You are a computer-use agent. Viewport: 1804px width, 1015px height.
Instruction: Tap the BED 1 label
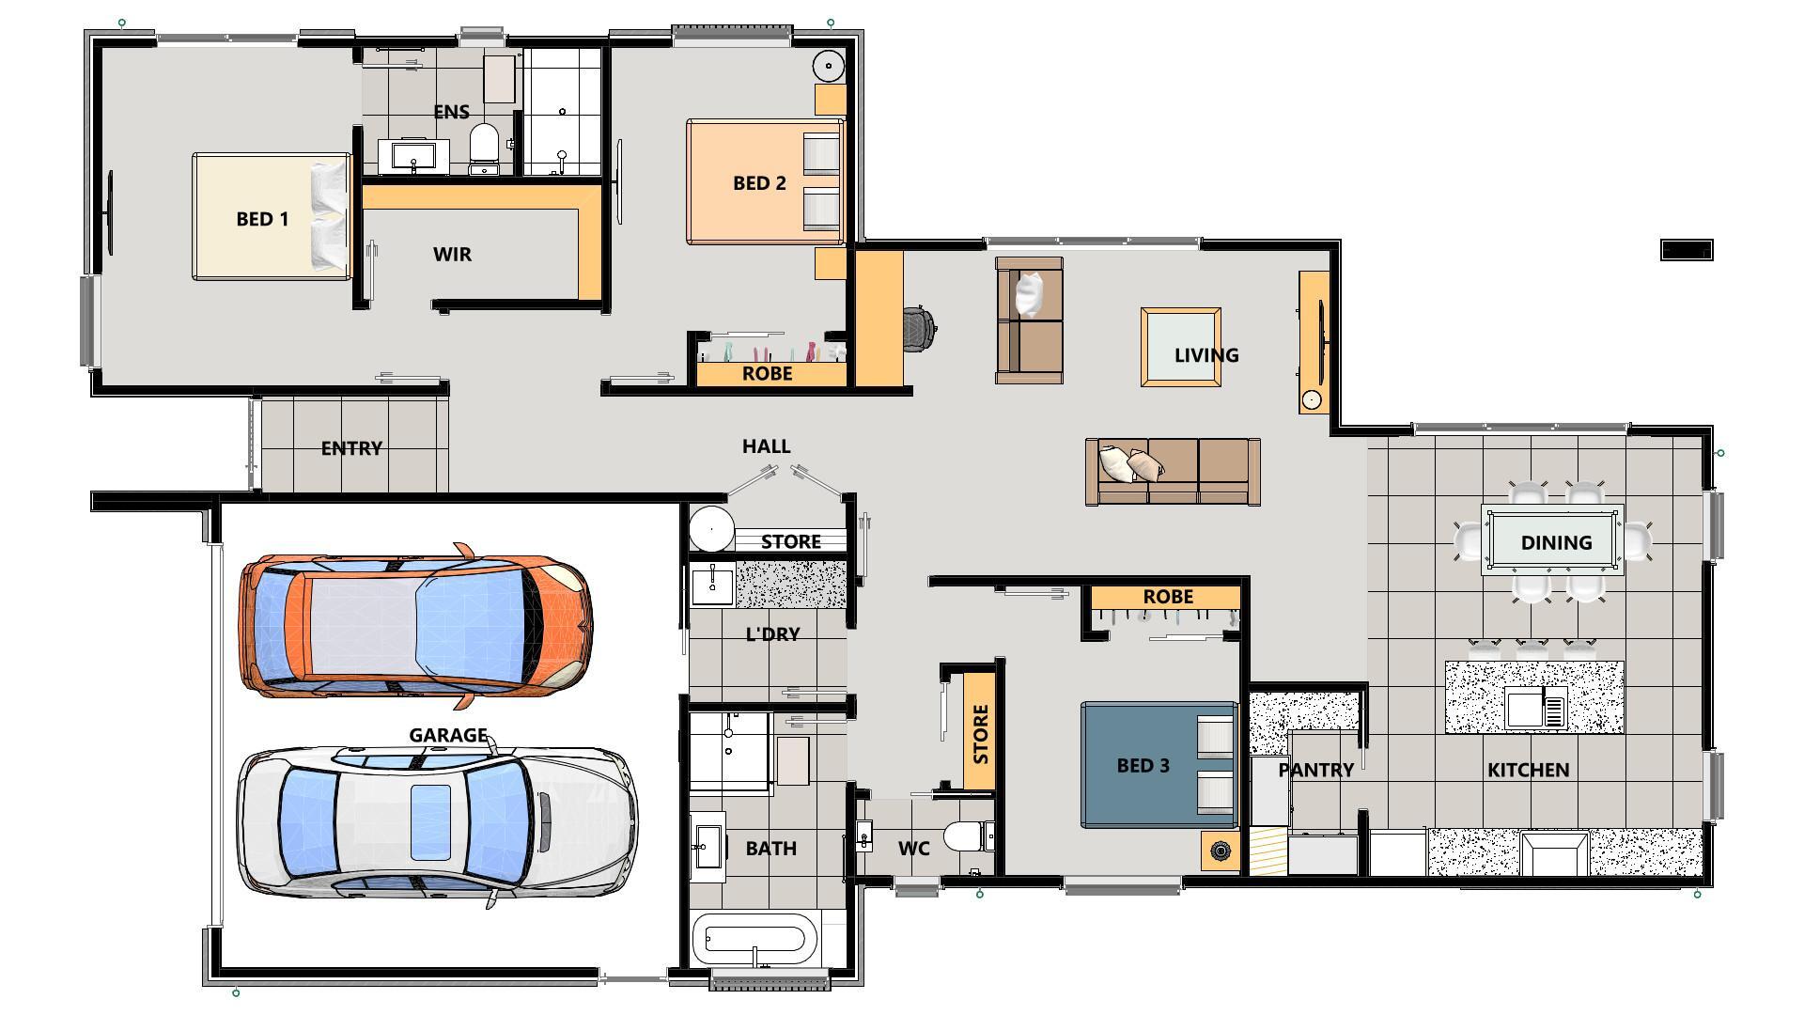(x=262, y=219)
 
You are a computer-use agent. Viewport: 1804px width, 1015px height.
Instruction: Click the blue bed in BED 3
(x=1158, y=765)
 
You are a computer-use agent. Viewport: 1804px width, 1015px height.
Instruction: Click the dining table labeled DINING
(x=1554, y=542)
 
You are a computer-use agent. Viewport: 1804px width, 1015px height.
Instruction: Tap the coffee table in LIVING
(x=1181, y=346)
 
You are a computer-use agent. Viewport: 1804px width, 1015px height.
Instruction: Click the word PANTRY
(x=1315, y=770)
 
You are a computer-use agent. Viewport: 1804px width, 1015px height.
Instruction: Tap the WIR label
(x=452, y=255)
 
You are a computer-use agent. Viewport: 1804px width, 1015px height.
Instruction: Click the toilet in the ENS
(x=484, y=147)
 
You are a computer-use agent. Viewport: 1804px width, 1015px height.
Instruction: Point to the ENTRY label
(x=351, y=448)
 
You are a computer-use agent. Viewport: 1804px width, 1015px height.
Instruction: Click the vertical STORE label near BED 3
(x=980, y=734)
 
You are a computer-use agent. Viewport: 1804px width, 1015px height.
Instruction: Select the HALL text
(x=766, y=446)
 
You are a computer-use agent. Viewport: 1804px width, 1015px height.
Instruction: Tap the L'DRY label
(x=772, y=634)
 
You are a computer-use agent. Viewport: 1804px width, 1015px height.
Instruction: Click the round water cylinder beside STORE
(x=711, y=528)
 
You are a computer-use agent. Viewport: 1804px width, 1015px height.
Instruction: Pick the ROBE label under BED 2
(x=768, y=374)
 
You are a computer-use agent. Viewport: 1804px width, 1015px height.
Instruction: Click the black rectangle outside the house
(x=1687, y=250)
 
